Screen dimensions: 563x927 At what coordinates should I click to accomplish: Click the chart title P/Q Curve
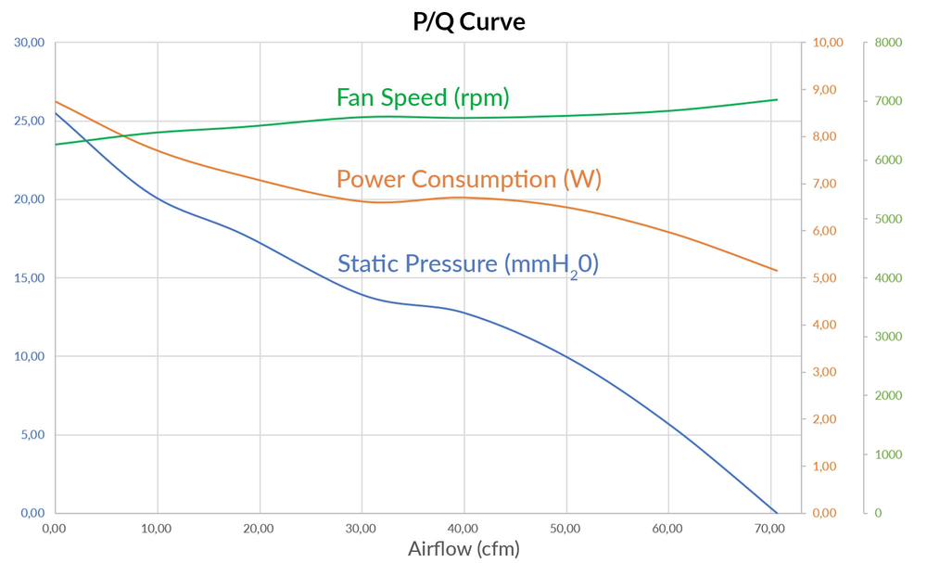[x=468, y=21]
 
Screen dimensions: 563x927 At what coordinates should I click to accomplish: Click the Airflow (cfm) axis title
[x=463, y=548]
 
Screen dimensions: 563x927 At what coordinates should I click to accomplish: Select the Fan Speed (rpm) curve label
[x=423, y=97]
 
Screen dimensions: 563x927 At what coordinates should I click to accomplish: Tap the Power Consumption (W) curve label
[x=468, y=178]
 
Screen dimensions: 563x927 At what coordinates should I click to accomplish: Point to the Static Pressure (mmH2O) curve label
[x=468, y=263]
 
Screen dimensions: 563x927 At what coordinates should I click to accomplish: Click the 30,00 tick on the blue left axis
[x=29, y=43]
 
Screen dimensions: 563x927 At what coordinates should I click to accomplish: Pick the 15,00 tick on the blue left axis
[x=29, y=278]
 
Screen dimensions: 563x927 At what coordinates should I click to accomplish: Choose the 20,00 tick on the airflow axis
[x=259, y=529]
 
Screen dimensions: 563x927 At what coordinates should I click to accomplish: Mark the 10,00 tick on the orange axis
[x=827, y=43]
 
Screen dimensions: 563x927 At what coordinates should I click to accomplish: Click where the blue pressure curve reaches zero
[x=776, y=512]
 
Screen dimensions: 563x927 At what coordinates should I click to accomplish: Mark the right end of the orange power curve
[x=777, y=271]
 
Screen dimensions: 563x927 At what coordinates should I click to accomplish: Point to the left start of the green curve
[x=56, y=144]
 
